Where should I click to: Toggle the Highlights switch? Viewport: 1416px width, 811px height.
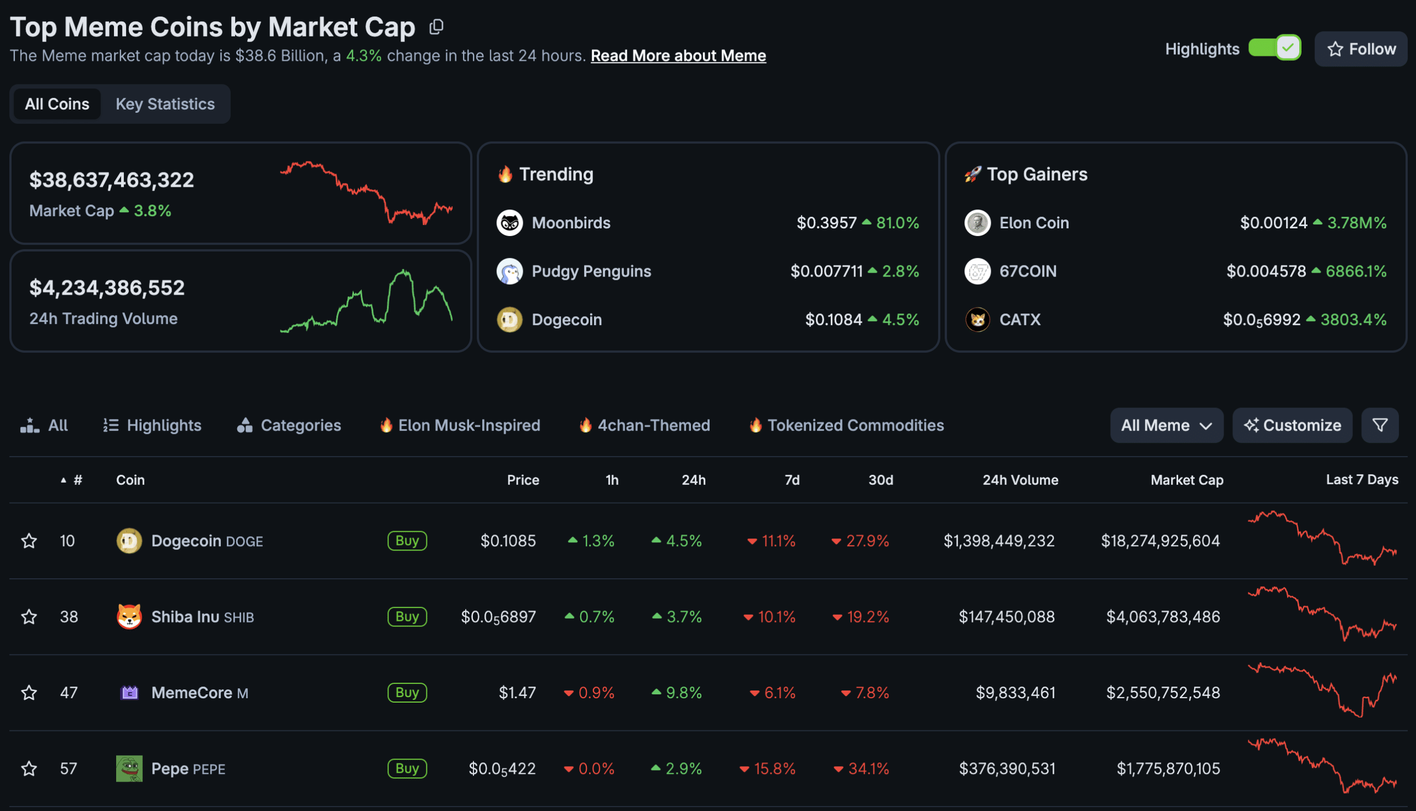coord(1274,48)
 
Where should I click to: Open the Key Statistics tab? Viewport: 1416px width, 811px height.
coord(165,104)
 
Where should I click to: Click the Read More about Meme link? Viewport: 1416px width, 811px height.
coord(678,56)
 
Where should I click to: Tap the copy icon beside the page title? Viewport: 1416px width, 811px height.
coord(436,27)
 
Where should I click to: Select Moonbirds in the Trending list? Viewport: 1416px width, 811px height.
coord(571,223)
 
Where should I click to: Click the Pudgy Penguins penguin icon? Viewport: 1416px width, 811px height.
coord(509,271)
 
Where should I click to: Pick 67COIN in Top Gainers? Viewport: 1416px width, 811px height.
coord(1028,271)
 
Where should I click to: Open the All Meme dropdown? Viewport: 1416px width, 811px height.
coord(1166,426)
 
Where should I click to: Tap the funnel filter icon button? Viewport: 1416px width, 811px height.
coord(1379,426)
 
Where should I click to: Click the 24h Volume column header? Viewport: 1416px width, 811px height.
coord(1020,480)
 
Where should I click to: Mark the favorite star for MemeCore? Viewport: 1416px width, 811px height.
coord(29,693)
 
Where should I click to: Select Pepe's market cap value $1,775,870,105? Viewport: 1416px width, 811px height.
coord(1168,768)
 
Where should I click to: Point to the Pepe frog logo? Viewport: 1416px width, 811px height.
coord(129,768)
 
